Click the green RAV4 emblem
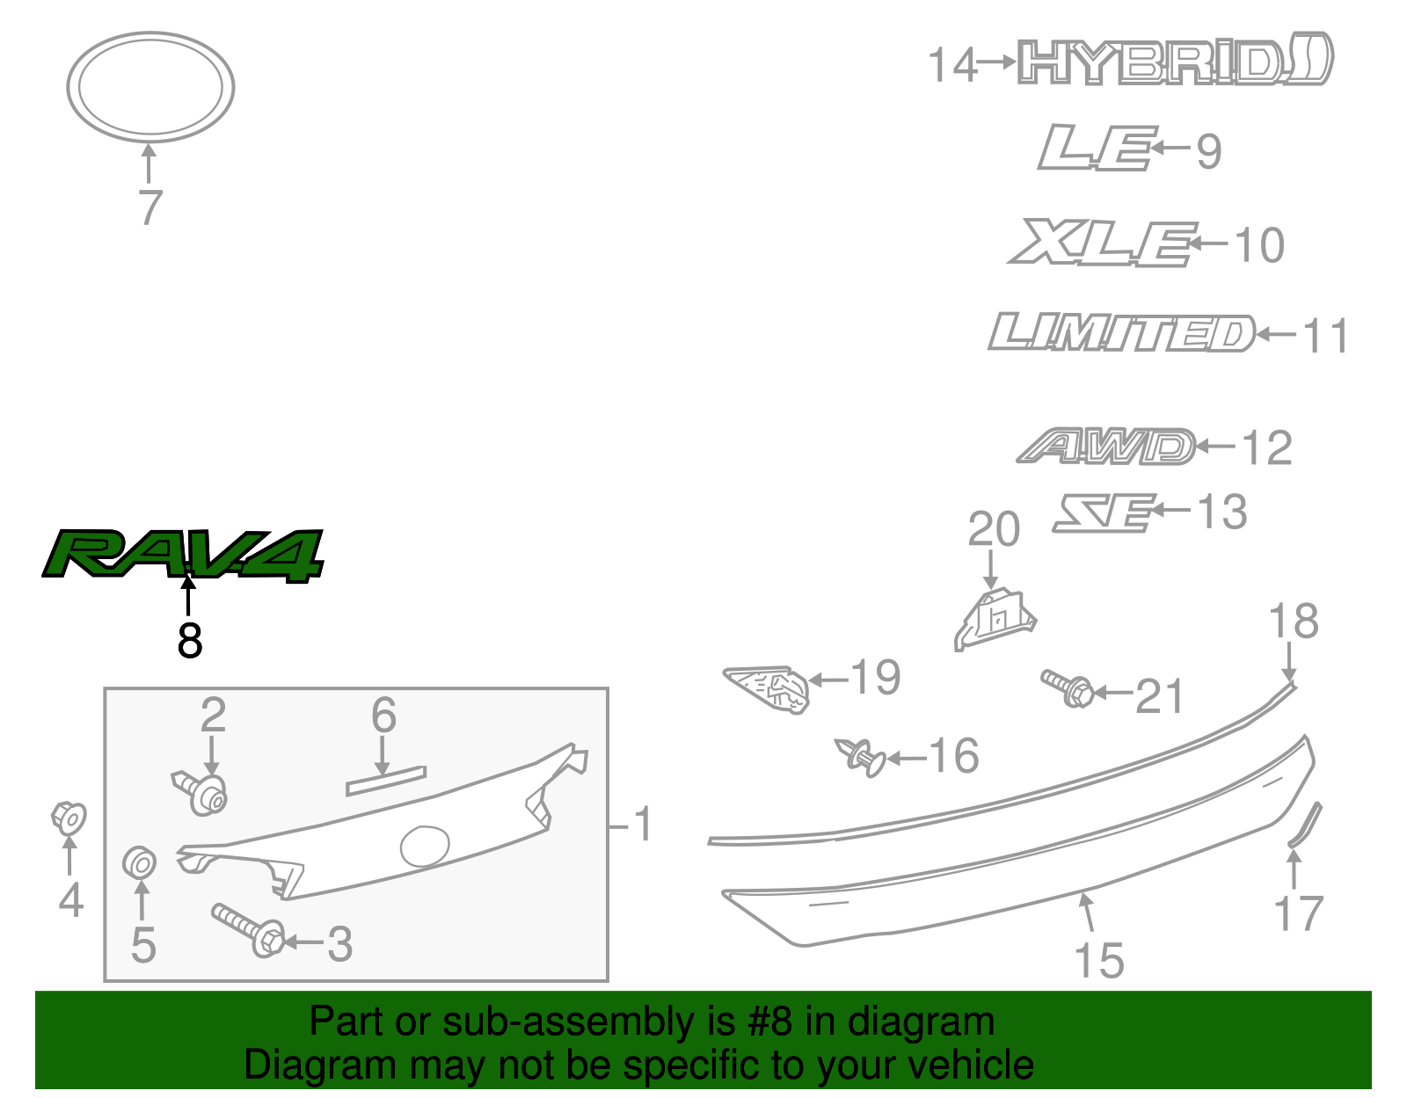(183, 555)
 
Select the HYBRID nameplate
(1175, 62)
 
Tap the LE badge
(1096, 147)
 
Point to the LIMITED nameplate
(1122, 333)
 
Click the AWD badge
(1106, 447)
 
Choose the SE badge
(1104, 512)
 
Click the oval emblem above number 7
(150, 86)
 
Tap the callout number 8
(189, 641)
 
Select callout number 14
(952, 66)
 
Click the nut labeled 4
(69, 818)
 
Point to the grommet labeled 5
(140, 862)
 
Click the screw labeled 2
(201, 792)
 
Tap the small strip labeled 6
(386, 781)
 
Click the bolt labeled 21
(1068, 688)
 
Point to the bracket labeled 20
(995, 617)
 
